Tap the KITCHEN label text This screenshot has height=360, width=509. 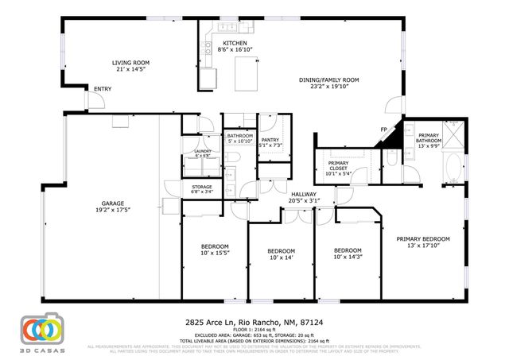[x=235, y=43]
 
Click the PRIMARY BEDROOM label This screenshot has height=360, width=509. [x=423, y=238]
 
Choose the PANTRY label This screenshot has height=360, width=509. [x=270, y=139]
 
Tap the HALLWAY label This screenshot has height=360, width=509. [x=305, y=194]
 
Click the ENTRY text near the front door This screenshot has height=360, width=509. [x=103, y=88]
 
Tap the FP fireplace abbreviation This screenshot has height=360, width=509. [x=383, y=130]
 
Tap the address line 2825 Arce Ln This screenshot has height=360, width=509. [x=254, y=322]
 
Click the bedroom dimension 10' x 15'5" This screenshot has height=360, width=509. [x=215, y=253]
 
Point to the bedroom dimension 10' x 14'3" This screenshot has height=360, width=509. [x=348, y=257]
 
